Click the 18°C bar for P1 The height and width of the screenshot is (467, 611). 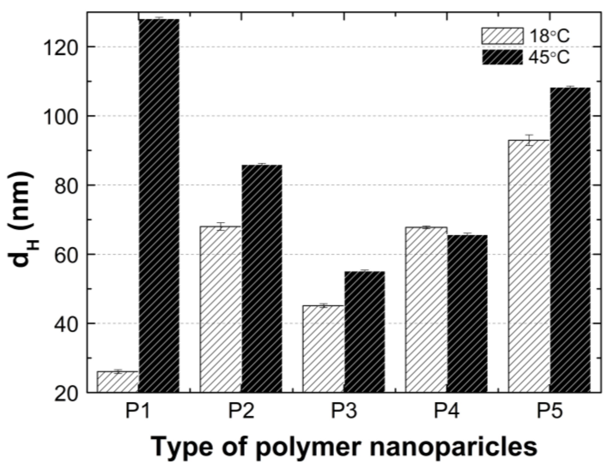118,382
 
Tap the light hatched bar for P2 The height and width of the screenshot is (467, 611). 220,309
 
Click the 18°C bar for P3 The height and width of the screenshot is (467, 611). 323,349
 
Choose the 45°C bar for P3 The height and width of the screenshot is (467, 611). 365,332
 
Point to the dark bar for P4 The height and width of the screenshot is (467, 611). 467,314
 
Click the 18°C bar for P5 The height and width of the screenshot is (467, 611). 529,266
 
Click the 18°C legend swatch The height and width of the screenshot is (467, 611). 502,36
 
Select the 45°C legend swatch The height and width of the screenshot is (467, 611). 502,57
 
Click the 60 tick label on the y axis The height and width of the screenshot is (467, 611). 66,254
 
